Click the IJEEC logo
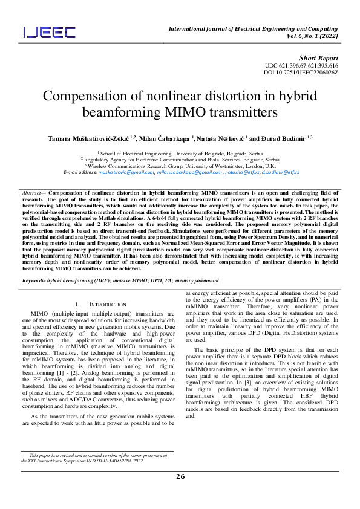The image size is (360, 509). tap(50, 32)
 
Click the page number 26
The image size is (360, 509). tap(180, 477)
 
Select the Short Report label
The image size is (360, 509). tap(321, 57)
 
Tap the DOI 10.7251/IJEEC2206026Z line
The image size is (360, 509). tap(301, 73)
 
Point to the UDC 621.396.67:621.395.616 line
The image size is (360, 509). tap(301, 65)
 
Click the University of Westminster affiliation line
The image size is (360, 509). tap(180, 165)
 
